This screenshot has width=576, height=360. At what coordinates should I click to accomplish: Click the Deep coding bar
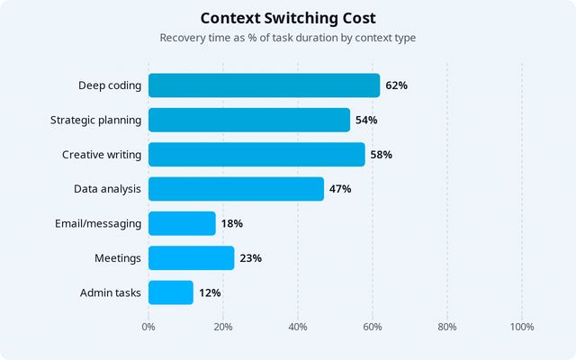click(x=264, y=85)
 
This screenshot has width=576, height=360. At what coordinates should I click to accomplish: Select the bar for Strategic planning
click(x=249, y=120)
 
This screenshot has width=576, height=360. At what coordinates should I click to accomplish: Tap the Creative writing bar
click(x=256, y=154)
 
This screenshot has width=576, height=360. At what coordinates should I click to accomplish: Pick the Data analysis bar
click(x=236, y=189)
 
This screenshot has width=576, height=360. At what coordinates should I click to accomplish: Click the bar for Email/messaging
click(x=182, y=223)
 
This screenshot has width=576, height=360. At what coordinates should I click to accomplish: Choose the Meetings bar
click(x=191, y=258)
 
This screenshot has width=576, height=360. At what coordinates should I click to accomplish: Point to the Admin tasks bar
click(x=171, y=292)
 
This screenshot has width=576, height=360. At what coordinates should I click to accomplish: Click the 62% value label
click(x=396, y=85)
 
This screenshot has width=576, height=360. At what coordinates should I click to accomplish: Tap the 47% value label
click(x=340, y=189)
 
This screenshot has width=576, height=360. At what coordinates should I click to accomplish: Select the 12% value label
click(x=210, y=292)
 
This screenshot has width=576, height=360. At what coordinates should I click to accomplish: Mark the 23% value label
click(x=250, y=258)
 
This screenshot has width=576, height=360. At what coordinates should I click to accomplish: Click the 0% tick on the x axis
click(x=148, y=327)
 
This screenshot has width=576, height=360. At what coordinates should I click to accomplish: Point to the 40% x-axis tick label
click(x=298, y=327)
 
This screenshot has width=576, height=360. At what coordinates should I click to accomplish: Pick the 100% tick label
click(x=522, y=327)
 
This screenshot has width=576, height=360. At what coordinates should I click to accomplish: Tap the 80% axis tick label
click(x=447, y=327)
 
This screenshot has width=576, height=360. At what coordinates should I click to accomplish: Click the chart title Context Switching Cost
click(x=288, y=18)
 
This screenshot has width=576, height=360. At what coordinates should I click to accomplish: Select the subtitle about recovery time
click(x=288, y=38)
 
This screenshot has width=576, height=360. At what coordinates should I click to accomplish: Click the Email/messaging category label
click(x=98, y=223)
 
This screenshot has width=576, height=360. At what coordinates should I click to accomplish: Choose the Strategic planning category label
click(x=95, y=120)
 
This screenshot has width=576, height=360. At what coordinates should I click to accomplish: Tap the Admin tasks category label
click(x=111, y=292)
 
